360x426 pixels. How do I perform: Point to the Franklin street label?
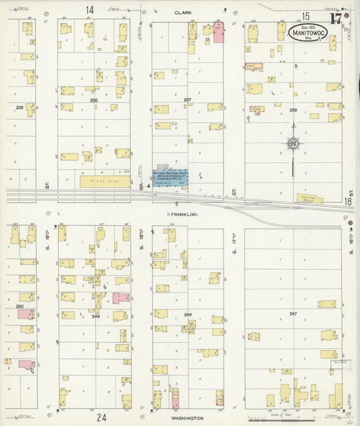182,214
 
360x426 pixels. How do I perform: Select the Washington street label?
188,418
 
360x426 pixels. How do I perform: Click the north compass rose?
293,143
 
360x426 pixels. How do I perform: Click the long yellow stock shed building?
105,181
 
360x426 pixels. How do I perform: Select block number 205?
19,107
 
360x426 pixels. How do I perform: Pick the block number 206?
94,99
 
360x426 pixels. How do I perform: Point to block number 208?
293,109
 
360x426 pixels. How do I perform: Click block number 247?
293,314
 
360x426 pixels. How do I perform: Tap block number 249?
95,316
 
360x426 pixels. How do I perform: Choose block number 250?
19,306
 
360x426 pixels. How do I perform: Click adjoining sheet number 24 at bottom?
101,417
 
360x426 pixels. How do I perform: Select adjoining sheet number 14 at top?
90,10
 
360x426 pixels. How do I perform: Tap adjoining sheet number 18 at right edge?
348,202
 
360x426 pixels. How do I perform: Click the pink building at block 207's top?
218,32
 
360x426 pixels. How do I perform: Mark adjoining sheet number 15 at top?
305,16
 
